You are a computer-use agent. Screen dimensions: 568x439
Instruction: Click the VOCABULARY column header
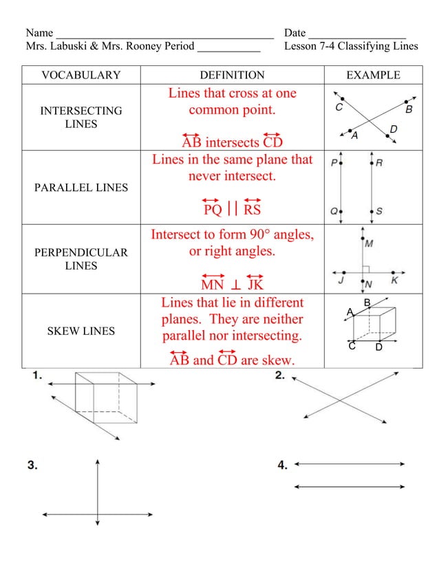[x=81, y=76]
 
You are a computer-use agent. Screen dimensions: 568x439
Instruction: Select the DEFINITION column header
[x=232, y=76]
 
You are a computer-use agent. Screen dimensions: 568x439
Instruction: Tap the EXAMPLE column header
[x=373, y=76]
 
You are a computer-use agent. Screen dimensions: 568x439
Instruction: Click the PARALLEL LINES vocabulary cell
[x=81, y=187]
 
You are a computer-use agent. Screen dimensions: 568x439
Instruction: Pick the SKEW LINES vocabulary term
[x=81, y=331]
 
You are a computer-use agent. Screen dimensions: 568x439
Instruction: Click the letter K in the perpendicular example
[x=395, y=280]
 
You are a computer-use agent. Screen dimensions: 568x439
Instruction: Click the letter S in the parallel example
[x=380, y=211]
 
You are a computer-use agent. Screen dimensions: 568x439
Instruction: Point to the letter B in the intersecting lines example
[x=409, y=109]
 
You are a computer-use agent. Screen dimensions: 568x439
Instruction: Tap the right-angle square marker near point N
[x=367, y=267]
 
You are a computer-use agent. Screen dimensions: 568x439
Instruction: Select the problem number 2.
[x=281, y=375]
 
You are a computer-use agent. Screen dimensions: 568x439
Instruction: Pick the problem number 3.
[x=32, y=466]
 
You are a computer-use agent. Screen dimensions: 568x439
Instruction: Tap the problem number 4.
[x=283, y=466]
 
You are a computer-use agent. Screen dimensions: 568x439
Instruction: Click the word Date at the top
[x=295, y=33]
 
